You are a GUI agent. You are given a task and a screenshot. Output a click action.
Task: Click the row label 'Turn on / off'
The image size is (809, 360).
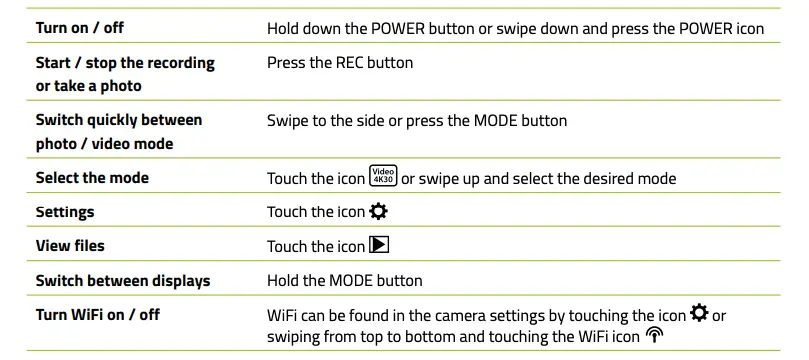[x=80, y=28]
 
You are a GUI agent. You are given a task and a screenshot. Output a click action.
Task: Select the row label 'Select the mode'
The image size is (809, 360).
[x=92, y=178]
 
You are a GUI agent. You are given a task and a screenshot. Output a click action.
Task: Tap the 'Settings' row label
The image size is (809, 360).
[x=65, y=212]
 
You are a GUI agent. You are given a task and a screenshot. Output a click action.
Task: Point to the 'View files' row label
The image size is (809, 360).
[x=70, y=245]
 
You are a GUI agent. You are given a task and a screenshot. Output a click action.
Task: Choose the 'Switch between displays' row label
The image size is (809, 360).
[x=123, y=280]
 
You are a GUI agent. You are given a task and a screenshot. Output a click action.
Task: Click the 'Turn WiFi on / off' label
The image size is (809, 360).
[x=97, y=315]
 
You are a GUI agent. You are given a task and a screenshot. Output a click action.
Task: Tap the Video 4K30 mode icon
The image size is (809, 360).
[x=383, y=178]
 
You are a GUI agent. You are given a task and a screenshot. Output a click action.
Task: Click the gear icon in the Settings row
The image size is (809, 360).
[x=378, y=212]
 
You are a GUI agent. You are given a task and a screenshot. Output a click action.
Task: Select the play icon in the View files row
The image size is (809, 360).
[x=378, y=245]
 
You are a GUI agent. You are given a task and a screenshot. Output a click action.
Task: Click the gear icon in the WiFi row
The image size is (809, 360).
[x=699, y=315]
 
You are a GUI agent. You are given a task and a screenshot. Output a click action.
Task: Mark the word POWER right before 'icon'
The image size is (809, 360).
[x=704, y=28]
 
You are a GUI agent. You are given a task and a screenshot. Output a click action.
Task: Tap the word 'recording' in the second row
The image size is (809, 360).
[x=175, y=63]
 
